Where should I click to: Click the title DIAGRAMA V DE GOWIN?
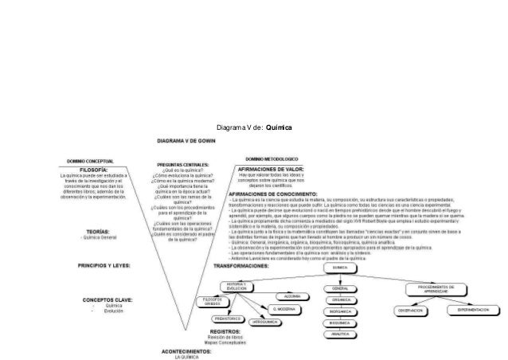(188, 142)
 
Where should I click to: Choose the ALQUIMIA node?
(292, 295)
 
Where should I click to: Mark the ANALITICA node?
(339, 335)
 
